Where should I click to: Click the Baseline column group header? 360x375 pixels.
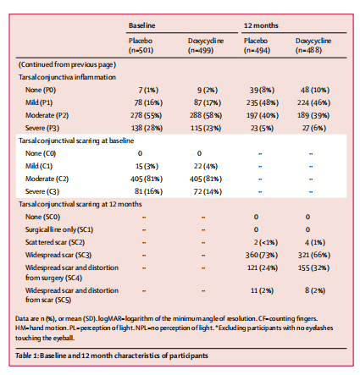(142, 25)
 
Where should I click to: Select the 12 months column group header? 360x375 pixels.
(261, 25)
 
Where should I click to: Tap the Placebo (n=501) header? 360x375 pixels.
(141, 46)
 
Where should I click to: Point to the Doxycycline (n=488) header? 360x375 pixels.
(313, 46)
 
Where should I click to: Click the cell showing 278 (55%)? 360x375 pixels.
(146, 115)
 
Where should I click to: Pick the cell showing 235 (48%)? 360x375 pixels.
(262, 102)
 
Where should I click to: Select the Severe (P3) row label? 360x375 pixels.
(42, 128)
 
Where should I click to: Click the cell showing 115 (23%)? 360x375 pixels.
(206, 128)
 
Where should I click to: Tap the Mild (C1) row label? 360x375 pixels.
(39, 166)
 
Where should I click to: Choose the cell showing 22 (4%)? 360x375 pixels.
(206, 166)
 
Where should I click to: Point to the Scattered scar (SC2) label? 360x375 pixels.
(55, 242)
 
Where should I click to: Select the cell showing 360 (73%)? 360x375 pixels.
(262, 255)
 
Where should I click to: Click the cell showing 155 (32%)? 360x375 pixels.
(313, 267)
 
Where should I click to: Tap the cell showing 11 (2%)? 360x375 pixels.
(262, 290)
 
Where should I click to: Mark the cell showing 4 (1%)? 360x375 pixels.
(315, 242)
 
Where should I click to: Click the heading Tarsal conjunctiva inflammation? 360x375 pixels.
(67, 77)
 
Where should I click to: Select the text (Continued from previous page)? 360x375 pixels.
(67, 64)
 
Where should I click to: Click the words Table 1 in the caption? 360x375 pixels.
(26, 356)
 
